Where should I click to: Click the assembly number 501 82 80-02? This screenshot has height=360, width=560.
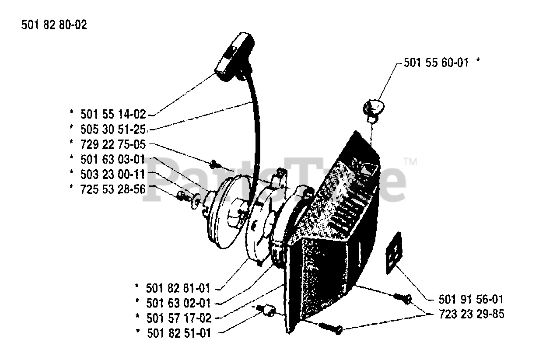(54, 25)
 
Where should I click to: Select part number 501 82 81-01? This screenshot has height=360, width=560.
(178, 288)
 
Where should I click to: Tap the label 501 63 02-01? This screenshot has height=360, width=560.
(178, 303)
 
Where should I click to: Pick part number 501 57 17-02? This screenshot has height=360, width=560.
(178, 318)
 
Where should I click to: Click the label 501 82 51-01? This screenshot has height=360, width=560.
(178, 333)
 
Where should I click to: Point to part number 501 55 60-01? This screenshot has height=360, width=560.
(436, 63)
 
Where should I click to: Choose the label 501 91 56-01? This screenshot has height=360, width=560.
(471, 300)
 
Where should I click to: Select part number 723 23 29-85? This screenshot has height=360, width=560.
(471, 315)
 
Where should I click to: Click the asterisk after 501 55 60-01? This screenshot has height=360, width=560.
(478, 62)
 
